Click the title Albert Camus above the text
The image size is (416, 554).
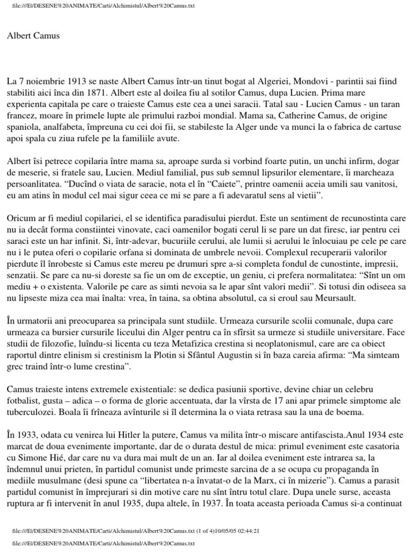coord(34,36)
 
